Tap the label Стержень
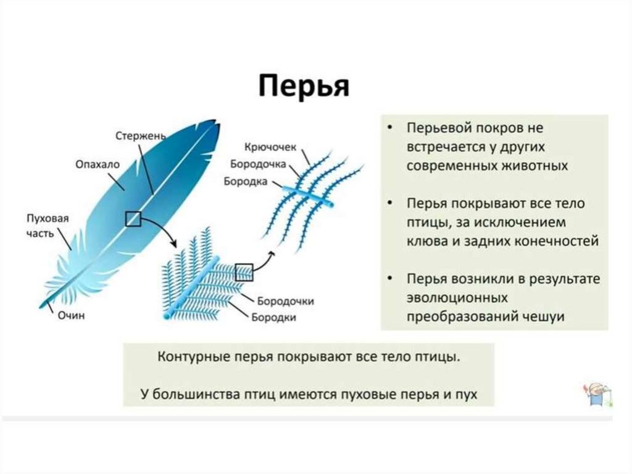click(140, 135)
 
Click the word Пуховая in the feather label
click(46, 219)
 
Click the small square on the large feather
click(133, 218)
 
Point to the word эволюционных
click(457, 297)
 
